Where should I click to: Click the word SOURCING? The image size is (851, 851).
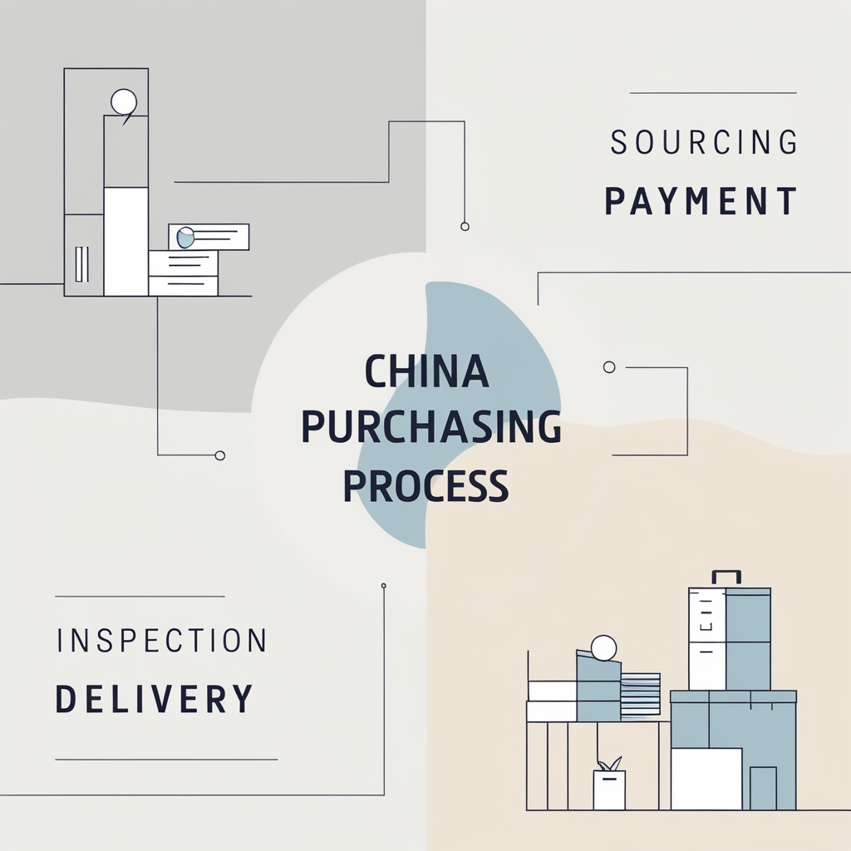tap(704, 143)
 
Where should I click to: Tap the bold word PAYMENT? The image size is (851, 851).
tap(701, 202)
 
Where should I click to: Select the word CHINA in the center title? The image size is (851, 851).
tap(427, 371)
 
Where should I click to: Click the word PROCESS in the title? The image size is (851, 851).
tap(425, 485)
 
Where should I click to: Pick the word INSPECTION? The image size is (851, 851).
tap(162, 641)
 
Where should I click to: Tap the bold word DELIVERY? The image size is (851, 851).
tap(154, 699)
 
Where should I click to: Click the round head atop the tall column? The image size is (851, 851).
tap(124, 102)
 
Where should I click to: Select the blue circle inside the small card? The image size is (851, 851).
tap(186, 238)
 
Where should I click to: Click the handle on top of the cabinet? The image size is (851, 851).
tap(726, 575)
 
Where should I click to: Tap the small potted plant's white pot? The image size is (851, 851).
tap(609, 790)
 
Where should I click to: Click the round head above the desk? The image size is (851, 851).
tap(603, 647)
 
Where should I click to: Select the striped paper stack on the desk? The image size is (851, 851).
tap(640, 694)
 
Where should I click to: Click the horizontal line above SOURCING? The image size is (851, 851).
tap(713, 93)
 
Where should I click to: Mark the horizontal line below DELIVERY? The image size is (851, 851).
tap(166, 760)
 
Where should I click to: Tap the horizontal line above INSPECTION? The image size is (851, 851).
tap(140, 597)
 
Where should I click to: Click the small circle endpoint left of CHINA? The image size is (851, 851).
tap(220, 455)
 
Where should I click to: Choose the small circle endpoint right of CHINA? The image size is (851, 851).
tap(609, 366)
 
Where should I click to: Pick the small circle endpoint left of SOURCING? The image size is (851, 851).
tap(465, 226)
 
